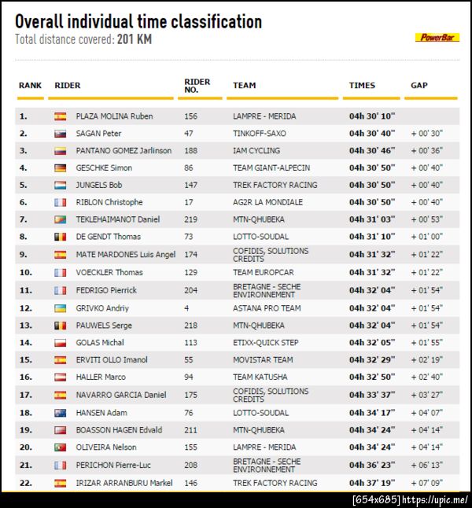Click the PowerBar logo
coord(437,37)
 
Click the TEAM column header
coord(244,85)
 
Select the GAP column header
coord(419,85)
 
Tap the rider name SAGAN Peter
coord(98,134)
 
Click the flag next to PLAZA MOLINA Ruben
coord(61,116)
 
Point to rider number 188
coord(190,151)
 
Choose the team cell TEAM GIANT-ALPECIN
coord(271,168)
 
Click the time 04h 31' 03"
coord(372,219)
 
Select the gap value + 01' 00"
coord(426,237)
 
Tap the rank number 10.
coord(25,273)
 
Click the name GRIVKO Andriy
coord(102,308)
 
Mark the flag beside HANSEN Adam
coord(61,413)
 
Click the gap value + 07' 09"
coord(426,483)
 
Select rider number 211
coord(190,430)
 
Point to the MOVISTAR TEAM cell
coord(263,360)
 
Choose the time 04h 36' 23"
coord(372,466)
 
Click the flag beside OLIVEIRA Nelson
coord(61,447)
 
